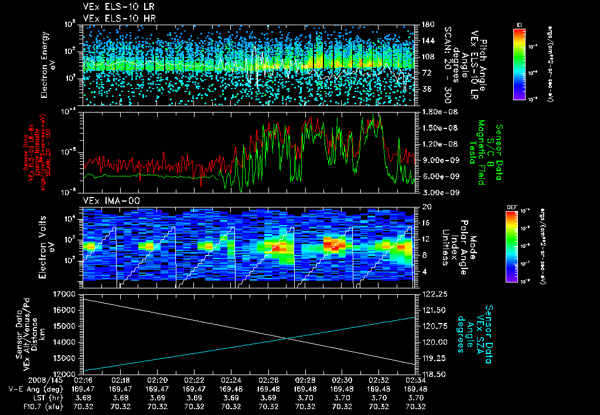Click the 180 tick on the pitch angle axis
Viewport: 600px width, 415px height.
pos(426,25)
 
